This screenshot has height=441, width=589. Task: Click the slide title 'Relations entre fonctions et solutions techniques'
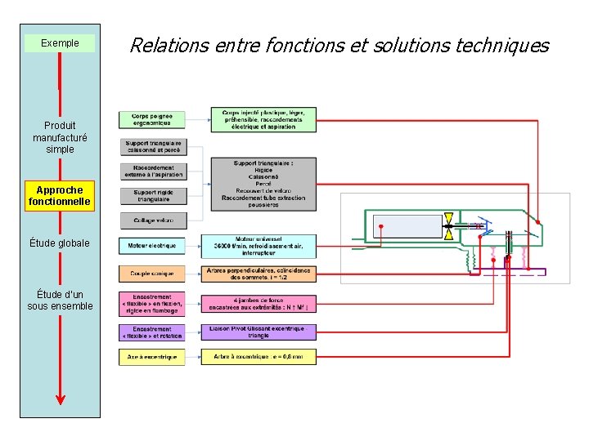339,46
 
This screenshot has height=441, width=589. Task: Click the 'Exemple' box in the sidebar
60,43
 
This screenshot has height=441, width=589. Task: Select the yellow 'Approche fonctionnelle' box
60,196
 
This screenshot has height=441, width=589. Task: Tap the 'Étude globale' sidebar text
60,243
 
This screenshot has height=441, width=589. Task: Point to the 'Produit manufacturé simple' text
60,137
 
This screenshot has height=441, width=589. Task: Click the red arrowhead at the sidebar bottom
60,398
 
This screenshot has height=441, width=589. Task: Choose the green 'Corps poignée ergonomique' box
152,119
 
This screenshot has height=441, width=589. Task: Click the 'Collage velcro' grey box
152,220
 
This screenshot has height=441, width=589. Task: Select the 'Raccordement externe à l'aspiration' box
152,171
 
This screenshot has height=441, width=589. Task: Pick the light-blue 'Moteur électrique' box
152,245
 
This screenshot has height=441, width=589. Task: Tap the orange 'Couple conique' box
152,273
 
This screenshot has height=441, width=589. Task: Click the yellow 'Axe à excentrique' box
152,357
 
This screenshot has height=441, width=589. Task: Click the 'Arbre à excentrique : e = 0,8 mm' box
259,357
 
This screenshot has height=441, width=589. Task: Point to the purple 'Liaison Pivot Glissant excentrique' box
259,332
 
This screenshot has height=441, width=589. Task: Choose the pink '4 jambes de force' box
259,304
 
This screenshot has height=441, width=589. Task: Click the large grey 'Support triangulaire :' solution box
263,185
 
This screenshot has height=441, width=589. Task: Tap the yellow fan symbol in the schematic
449,225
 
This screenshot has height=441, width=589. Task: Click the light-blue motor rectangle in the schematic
407,225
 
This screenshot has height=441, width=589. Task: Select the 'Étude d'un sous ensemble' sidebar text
60,301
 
